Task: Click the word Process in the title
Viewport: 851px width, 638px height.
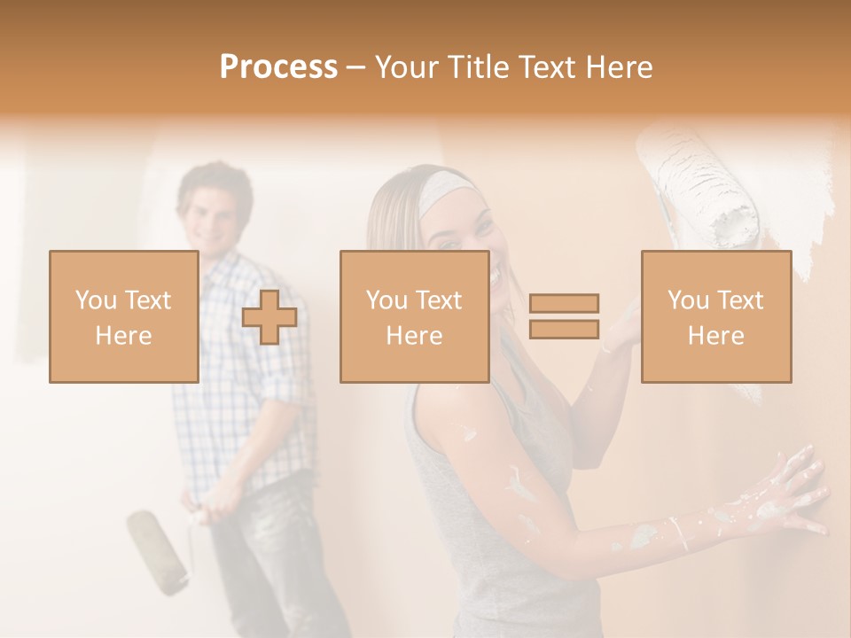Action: [278, 67]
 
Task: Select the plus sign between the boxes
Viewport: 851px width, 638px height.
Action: [269, 316]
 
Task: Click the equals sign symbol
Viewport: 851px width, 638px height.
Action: [564, 316]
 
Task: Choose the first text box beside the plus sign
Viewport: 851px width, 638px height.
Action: [123, 316]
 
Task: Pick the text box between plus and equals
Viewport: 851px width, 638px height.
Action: [414, 316]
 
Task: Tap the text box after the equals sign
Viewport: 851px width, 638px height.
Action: [715, 316]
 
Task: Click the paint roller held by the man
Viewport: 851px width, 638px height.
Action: [157, 549]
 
